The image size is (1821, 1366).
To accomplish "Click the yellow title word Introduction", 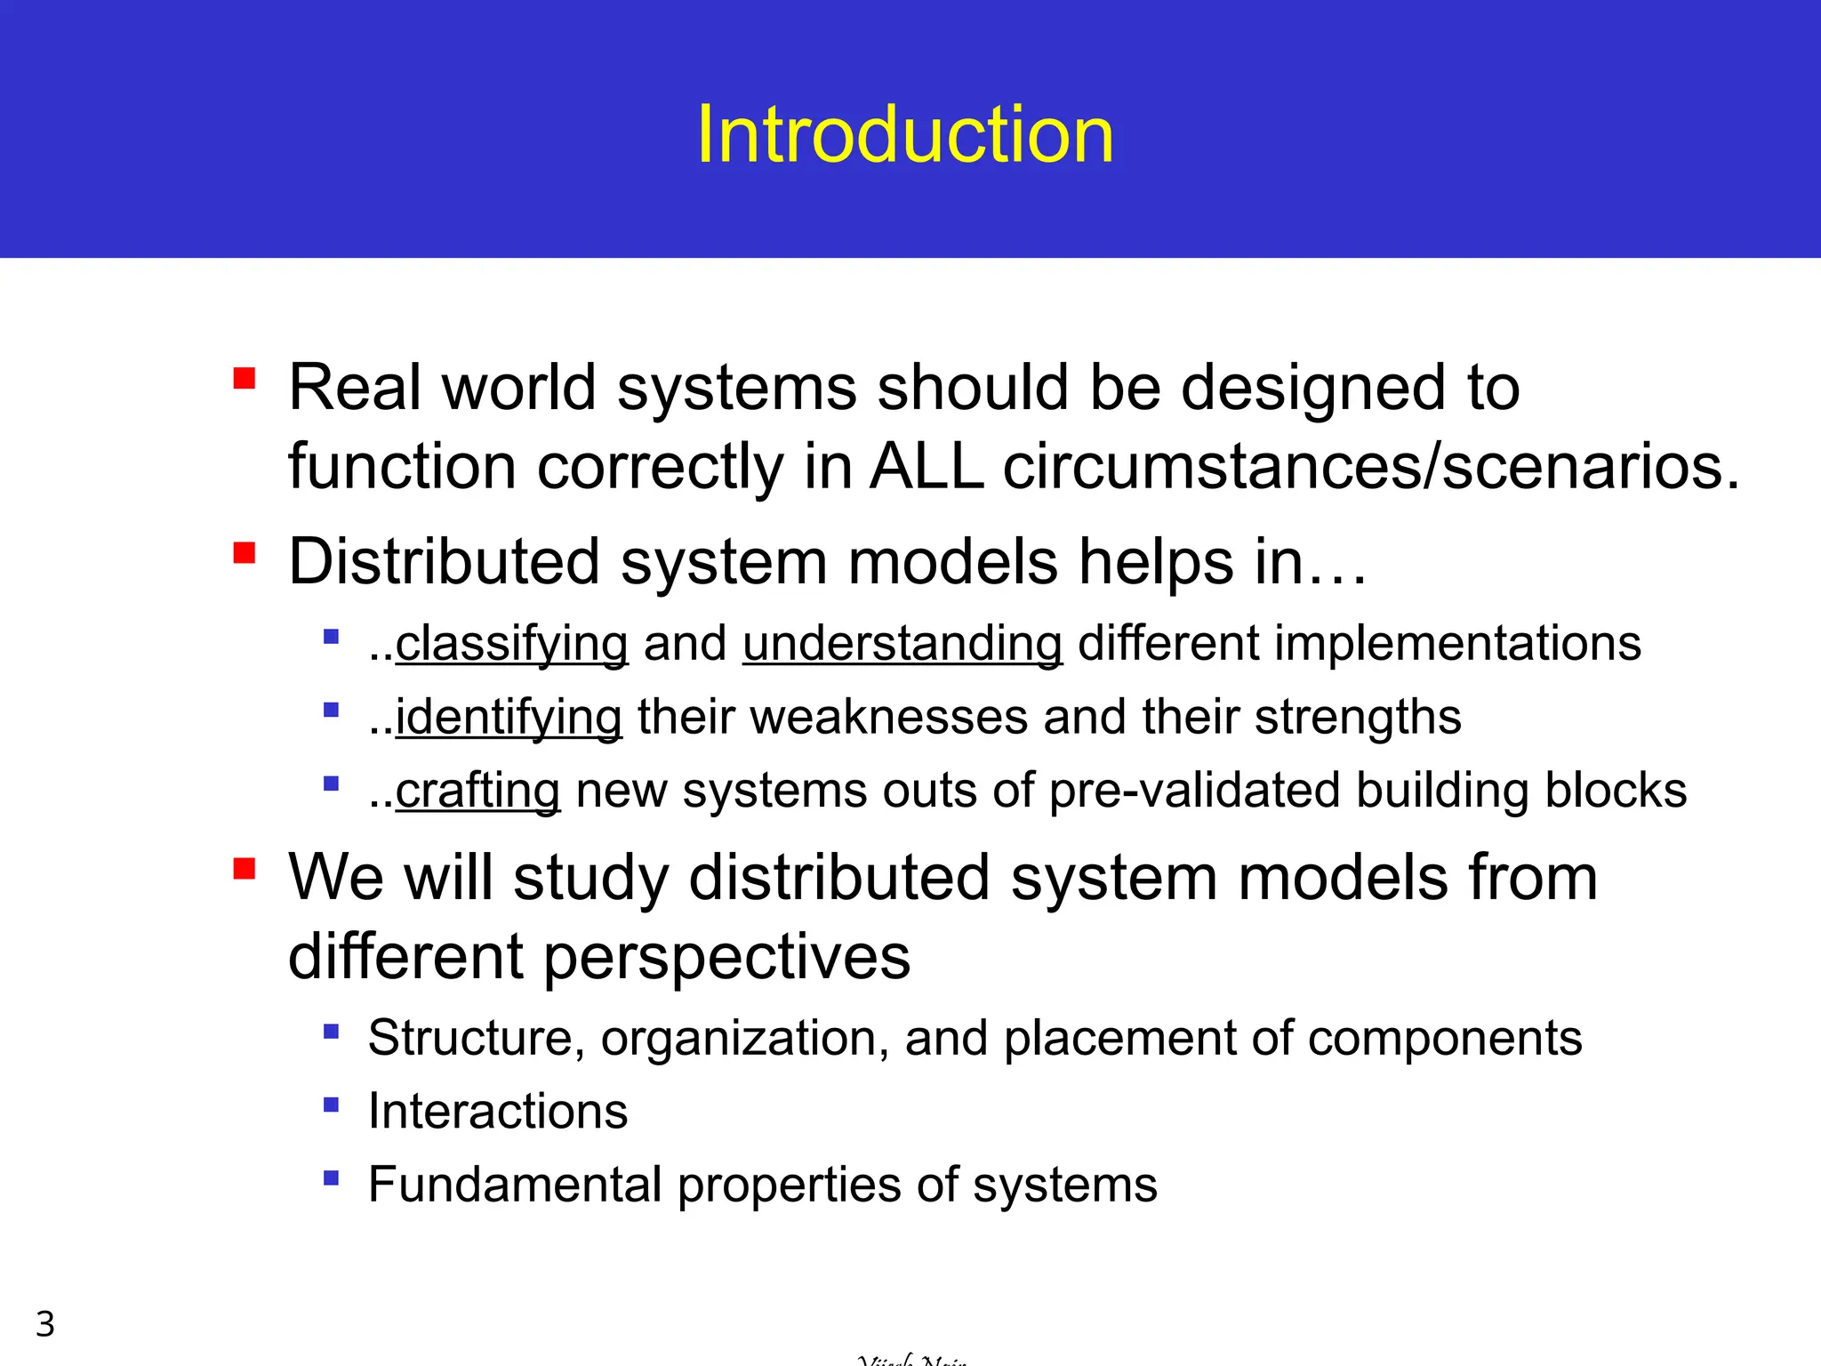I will click(904, 135).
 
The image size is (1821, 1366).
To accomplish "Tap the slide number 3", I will click(45, 1324).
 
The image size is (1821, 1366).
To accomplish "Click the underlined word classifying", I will click(511, 644).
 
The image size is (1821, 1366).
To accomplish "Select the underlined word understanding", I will click(902, 644).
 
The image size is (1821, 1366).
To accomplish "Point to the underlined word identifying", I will click(508, 718).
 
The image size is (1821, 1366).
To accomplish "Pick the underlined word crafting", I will click(477, 791).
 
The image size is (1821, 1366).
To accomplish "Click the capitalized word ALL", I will click(927, 466).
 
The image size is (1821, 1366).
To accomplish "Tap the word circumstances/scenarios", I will click(1370, 466).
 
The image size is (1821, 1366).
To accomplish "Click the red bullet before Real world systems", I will click(245, 380).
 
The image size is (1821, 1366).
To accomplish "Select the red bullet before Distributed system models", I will click(245, 554).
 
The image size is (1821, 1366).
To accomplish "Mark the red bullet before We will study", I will click(245, 868).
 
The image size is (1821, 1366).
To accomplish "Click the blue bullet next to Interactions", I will click(332, 1105).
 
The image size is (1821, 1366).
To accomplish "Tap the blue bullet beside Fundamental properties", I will click(332, 1178).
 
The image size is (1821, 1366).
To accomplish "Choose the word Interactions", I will click(498, 1112).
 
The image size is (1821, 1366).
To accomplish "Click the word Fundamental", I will click(515, 1185).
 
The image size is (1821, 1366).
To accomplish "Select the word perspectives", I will click(726, 958).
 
